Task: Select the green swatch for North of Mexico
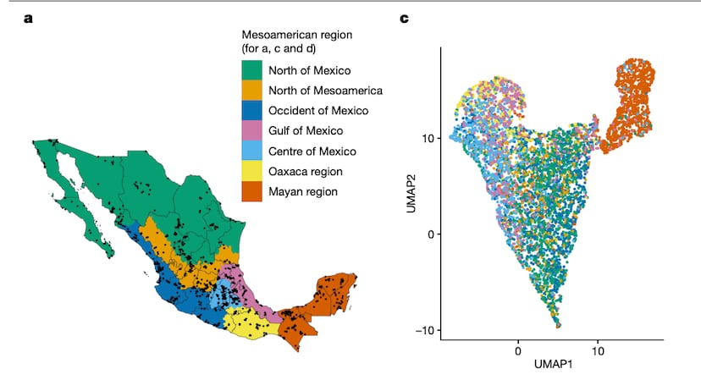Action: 252,70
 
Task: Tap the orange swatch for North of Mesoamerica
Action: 252,91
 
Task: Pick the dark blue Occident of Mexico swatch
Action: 252,111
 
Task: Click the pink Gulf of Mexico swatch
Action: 252,131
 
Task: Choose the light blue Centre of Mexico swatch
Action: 252,151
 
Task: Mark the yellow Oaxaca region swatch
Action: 252,172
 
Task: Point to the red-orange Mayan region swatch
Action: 252,192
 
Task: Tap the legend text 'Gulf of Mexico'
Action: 306,131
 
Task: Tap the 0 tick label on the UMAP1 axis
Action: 517,348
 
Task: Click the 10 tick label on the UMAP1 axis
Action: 599,348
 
